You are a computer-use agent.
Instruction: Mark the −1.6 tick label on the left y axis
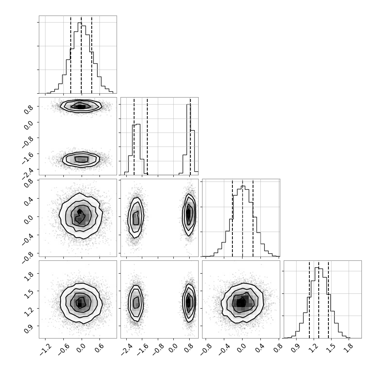click(28, 157)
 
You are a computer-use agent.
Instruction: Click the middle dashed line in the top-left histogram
click(81, 54)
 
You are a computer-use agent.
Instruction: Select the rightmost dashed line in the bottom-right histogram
click(328, 299)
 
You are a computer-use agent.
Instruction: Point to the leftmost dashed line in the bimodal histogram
click(134, 136)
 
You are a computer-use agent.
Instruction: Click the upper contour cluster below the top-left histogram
click(81, 106)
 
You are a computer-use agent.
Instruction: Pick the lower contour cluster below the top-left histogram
click(81, 159)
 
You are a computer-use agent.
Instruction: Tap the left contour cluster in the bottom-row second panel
click(136, 304)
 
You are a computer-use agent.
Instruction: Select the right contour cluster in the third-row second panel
click(189, 215)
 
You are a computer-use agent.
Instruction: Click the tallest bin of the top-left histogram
click(80, 58)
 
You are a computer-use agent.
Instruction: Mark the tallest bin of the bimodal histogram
click(188, 140)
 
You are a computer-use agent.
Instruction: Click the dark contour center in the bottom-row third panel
click(241, 303)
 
